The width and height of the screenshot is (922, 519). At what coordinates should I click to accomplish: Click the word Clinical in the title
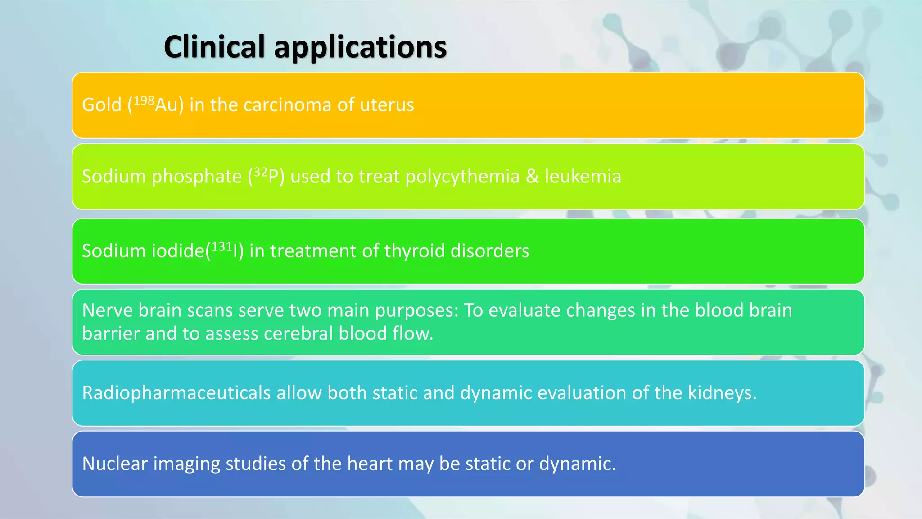214,47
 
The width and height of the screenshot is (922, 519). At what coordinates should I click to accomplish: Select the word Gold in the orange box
102,105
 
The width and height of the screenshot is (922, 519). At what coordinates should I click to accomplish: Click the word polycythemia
462,177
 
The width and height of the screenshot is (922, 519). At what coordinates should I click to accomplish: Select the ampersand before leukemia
532,176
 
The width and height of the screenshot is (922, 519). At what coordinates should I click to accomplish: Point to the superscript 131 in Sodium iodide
221,246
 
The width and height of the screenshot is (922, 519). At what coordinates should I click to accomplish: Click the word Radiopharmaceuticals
176,393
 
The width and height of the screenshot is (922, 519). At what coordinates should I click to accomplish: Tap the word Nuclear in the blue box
115,464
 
